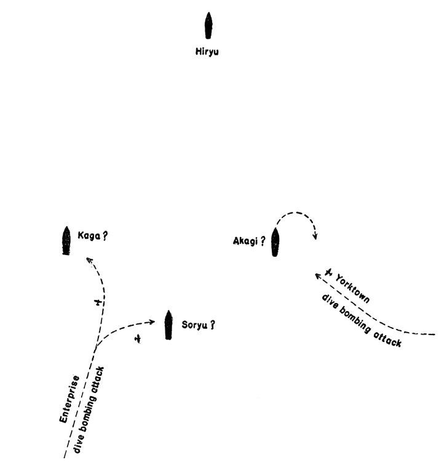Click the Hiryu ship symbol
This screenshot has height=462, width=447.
point(208,26)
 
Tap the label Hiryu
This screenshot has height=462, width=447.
point(207,52)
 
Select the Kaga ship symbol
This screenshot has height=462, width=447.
point(66,241)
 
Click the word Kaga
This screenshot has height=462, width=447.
point(89,236)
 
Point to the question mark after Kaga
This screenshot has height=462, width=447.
point(105,237)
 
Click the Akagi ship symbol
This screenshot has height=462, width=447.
point(275,242)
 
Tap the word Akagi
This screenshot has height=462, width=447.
point(245,241)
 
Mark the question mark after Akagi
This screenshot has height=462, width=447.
point(263,241)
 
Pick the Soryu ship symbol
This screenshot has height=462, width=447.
point(168,325)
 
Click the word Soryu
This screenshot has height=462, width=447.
point(194,325)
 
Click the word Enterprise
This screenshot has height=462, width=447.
point(69,399)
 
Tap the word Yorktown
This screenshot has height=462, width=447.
point(352,289)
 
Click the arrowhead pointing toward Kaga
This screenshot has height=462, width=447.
point(89,260)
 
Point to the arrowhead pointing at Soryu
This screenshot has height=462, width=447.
point(152,322)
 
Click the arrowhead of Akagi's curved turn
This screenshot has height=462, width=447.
point(315,237)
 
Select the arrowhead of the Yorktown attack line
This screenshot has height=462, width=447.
point(318,276)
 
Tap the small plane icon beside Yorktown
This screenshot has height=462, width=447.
point(329,272)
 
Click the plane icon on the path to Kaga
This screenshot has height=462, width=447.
point(98,302)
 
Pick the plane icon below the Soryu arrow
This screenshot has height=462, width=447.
point(137,339)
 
